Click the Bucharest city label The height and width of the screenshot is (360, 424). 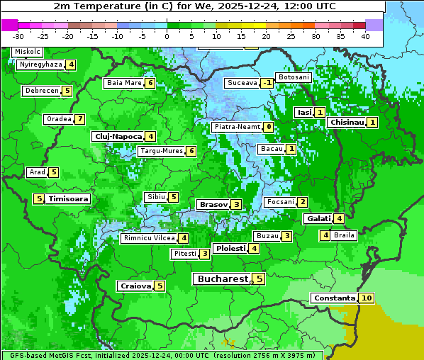pyautogui.click(x=222, y=279)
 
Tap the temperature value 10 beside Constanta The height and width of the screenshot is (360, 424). pyautogui.click(x=367, y=298)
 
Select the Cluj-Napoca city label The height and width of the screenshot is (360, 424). pyautogui.click(x=118, y=136)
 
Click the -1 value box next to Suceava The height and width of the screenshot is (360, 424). pyautogui.click(x=267, y=83)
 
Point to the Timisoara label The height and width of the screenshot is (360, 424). pyautogui.click(x=69, y=199)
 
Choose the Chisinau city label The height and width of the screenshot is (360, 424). pyautogui.click(x=347, y=122)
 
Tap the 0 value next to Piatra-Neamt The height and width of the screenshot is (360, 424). pyautogui.click(x=268, y=127)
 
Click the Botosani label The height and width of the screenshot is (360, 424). pyautogui.click(x=293, y=77)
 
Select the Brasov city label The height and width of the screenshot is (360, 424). pyautogui.click(x=213, y=204)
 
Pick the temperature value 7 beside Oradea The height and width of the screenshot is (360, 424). pyautogui.click(x=80, y=119)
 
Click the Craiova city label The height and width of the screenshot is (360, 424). pyautogui.click(x=135, y=286)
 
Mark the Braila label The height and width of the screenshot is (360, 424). pyautogui.click(x=344, y=235)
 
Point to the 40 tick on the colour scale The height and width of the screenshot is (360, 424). pyautogui.click(x=365, y=36)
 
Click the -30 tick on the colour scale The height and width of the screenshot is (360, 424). pyautogui.click(x=18, y=36)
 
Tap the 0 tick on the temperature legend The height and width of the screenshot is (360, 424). pyautogui.click(x=167, y=36)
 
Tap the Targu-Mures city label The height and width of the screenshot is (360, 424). pyautogui.click(x=162, y=151)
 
